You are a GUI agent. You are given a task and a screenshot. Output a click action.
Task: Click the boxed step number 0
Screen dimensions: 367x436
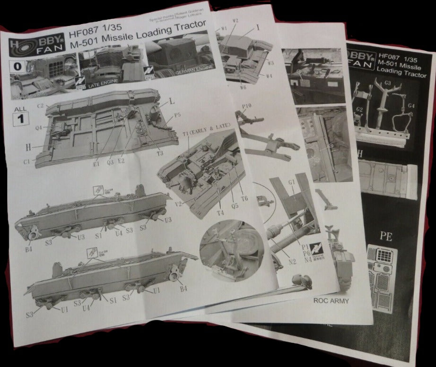17,67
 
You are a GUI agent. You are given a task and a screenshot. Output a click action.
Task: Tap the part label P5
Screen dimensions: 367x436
178,115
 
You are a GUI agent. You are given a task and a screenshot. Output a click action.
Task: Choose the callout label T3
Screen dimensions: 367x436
160,153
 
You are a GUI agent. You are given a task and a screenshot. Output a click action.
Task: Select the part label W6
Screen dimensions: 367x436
243,87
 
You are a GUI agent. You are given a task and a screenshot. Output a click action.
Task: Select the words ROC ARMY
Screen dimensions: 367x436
331,300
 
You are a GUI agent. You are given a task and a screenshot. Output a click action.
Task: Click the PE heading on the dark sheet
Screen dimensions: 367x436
386,236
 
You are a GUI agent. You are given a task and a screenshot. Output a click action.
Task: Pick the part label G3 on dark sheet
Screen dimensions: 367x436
388,83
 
